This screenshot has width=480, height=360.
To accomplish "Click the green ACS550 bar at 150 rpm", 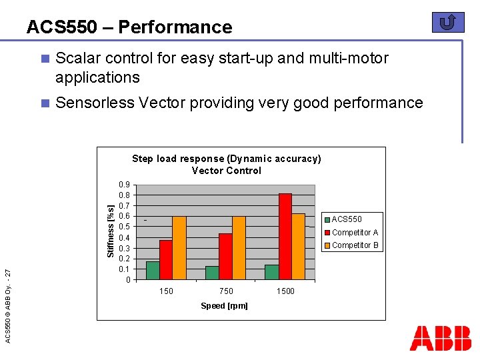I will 153,270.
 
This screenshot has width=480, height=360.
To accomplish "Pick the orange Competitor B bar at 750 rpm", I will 239,247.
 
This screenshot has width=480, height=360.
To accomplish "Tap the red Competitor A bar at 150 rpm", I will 166,259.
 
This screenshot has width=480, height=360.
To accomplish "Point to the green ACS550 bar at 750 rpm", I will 212,273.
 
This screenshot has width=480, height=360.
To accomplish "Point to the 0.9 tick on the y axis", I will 124,185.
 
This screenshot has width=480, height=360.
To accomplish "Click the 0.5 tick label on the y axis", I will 124,227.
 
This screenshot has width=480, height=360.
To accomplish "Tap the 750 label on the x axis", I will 226,291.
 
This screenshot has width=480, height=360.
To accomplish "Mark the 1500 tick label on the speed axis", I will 285,291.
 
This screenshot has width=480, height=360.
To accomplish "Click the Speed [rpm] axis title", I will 224,306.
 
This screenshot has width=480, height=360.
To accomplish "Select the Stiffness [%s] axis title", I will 111,231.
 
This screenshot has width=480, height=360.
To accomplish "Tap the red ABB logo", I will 440,338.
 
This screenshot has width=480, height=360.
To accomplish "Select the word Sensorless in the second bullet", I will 93,103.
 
